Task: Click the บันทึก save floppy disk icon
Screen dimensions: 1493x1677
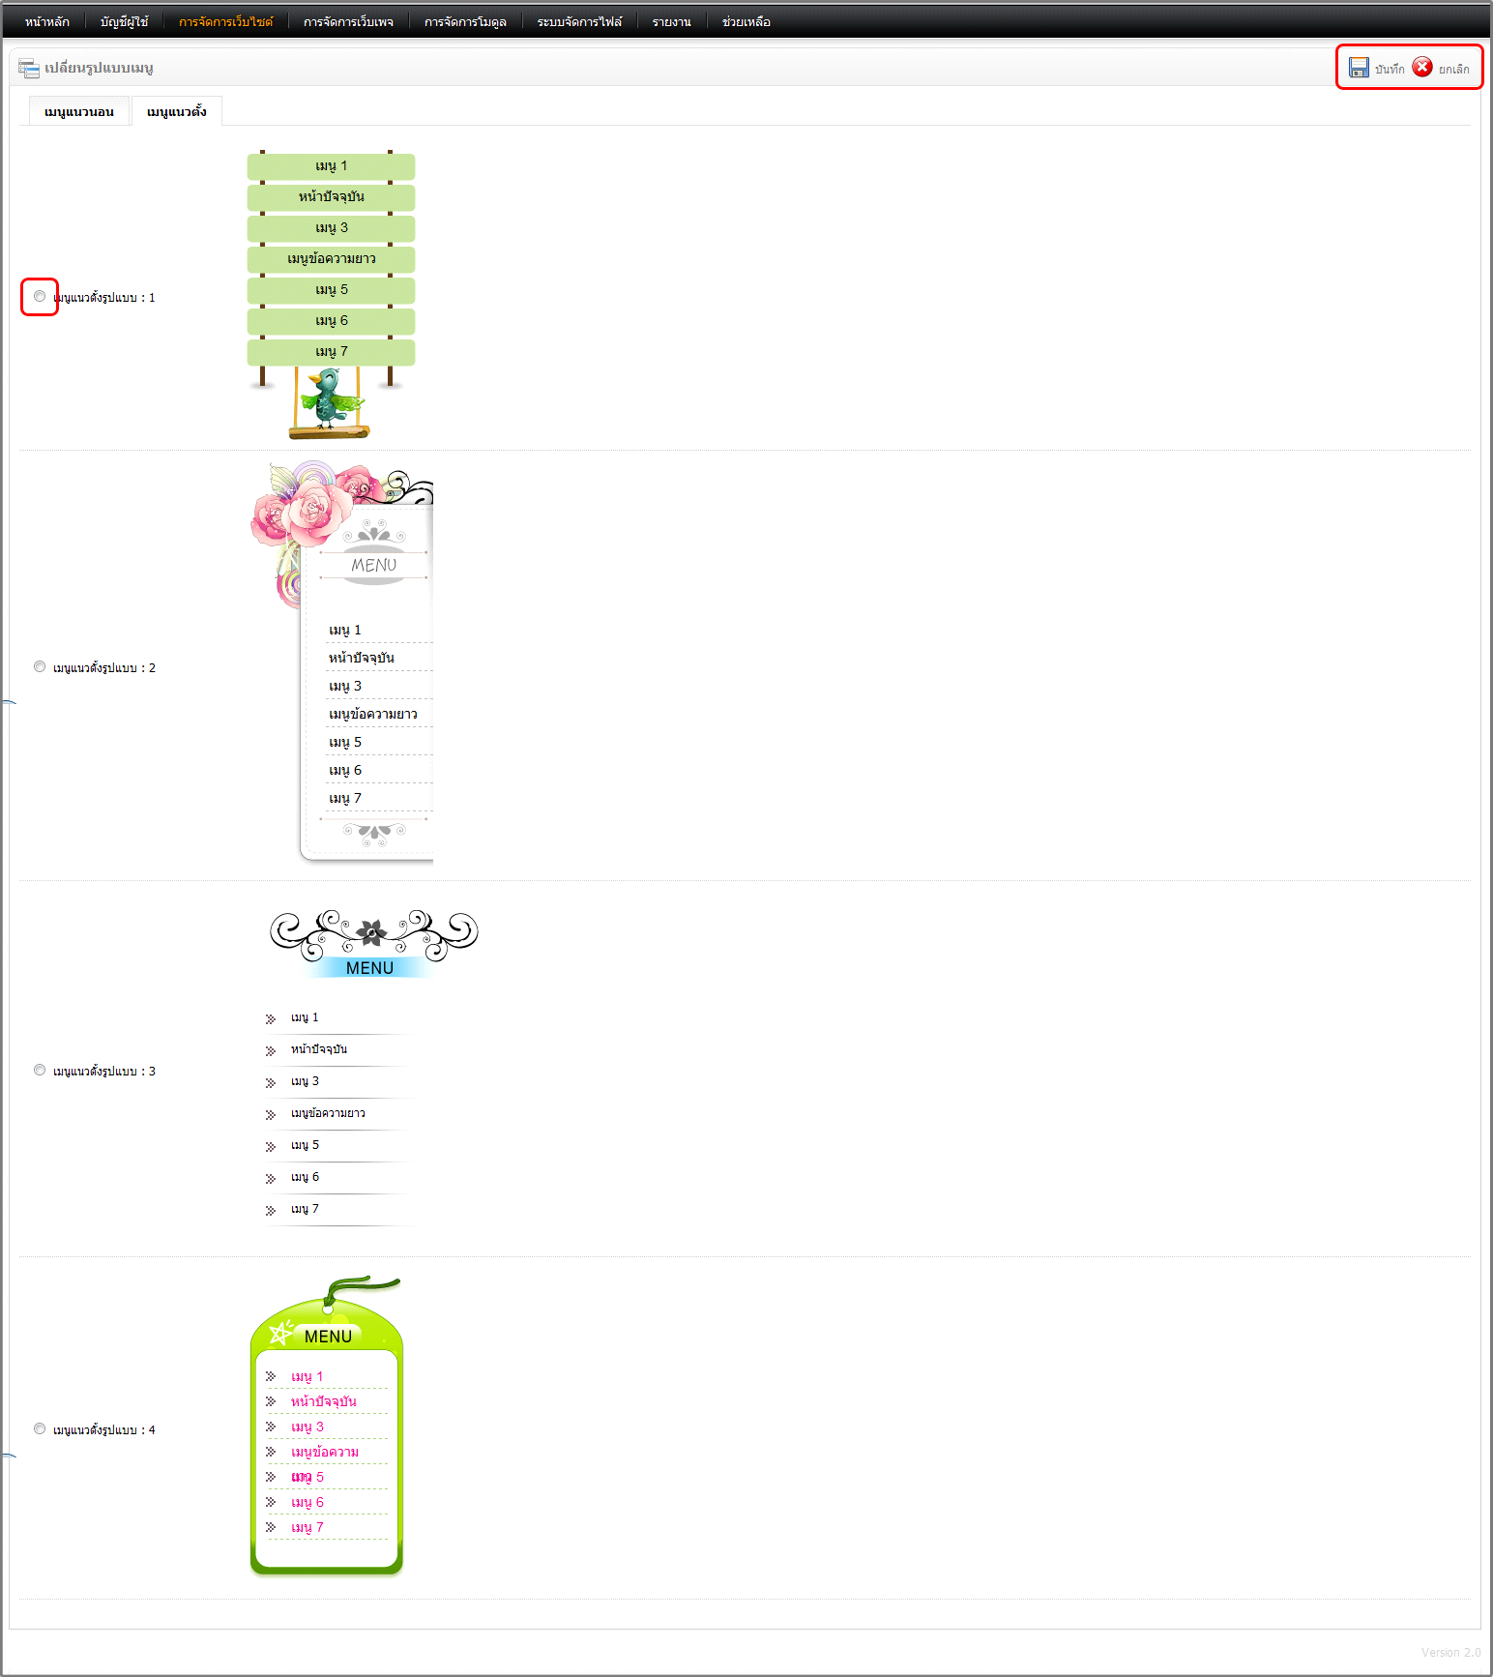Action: (1359, 67)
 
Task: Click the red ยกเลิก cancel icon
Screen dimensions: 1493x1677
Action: (1422, 67)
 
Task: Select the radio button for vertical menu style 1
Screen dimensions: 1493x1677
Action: (40, 296)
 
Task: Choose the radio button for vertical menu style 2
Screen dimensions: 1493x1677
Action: (40, 666)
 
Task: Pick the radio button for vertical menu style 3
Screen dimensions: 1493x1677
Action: (40, 1070)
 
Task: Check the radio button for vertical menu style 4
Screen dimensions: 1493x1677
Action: (40, 1428)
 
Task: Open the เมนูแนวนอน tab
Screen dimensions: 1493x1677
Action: (79, 111)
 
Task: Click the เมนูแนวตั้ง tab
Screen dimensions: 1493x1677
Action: (177, 111)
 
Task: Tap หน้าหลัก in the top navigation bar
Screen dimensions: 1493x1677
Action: (47, 21)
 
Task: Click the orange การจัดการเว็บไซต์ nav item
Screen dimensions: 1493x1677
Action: (226, 21)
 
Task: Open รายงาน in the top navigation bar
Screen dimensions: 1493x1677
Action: (672, 21)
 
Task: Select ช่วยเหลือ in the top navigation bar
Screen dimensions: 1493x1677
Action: (746, 21)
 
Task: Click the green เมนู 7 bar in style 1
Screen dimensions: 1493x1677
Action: (331, 352)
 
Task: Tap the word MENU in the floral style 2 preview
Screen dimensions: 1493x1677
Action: (374, 565)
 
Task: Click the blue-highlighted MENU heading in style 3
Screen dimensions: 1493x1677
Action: (369, 968)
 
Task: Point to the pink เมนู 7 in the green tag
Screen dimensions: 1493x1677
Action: (307, 1527)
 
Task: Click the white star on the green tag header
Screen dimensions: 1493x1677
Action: (280, 1334)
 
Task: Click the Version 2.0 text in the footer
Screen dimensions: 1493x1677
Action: (1450, 1652)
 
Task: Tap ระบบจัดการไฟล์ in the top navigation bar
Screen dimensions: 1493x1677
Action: (580, 21)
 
